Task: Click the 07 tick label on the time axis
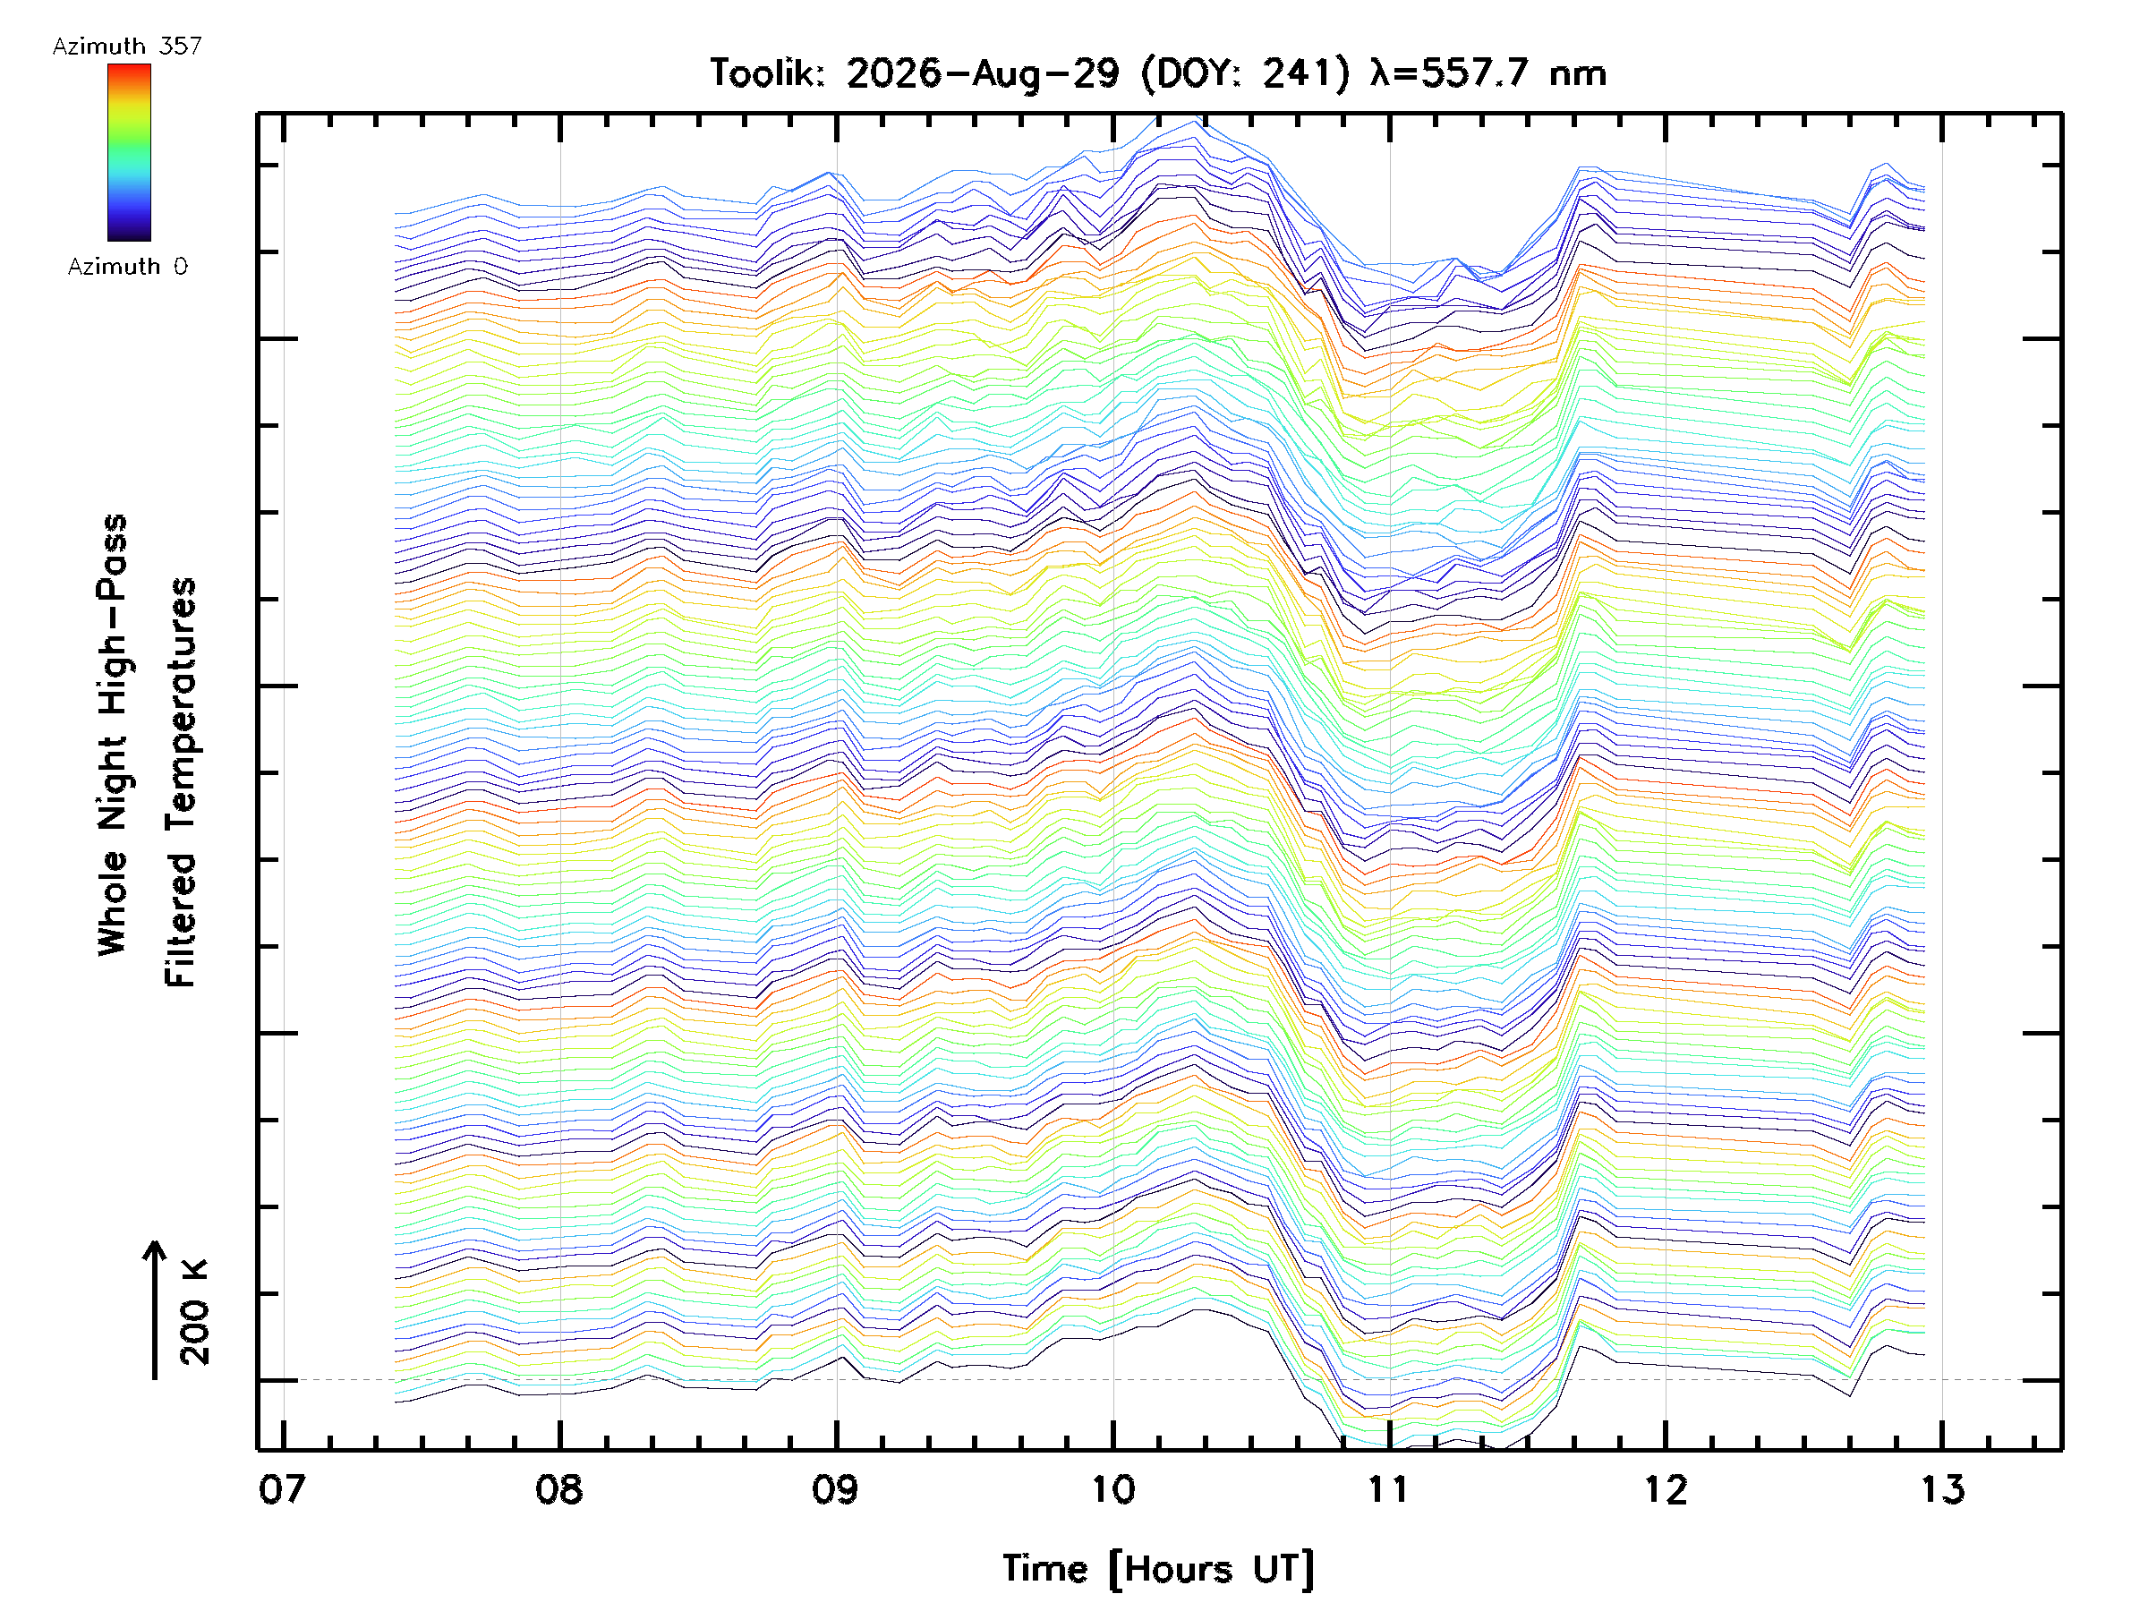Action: pos(283,1489)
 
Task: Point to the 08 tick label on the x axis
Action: pos(559,1489)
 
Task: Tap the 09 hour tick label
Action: pos(836,1489)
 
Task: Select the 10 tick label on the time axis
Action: pos(1112,1489)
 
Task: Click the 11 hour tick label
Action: pos(1389,1489)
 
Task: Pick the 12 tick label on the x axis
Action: pos(1666,1489)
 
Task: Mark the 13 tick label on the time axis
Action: pos(1942,1489)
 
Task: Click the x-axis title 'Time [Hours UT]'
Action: pos(1158,1570)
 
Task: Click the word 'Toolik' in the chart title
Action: pos(766,72)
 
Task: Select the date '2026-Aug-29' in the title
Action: pos(983,72)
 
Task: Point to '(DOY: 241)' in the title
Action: pos(1246,72)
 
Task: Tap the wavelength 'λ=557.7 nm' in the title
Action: pos(1488,72)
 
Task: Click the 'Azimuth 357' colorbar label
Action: pos(127,46)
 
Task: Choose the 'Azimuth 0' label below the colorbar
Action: pos(127,266)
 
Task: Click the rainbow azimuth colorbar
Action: pos(129,152)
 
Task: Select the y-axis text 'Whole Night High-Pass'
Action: pos(113,735)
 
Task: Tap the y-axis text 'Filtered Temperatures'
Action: pos(181,783)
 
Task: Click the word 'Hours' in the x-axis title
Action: pos(1180,1570)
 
